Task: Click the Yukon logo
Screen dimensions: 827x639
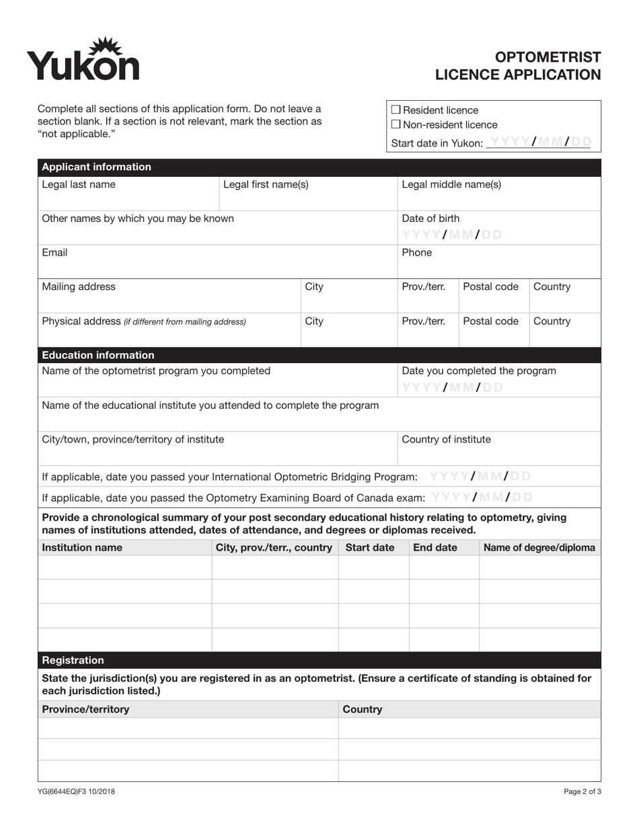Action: point(83,59)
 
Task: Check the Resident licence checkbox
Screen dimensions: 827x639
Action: point(396,110)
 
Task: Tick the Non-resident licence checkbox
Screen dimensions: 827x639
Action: point(396,124)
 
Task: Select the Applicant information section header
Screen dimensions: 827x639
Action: point(97,167)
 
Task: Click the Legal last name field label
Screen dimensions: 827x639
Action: point(79,185)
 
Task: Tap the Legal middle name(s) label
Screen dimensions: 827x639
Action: point(451,185)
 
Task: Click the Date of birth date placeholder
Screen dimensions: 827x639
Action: point(451,235)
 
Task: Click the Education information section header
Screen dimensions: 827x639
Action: point(98,355)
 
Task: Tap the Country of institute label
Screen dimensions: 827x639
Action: point(446,440)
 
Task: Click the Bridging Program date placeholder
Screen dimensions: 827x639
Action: point(480,476)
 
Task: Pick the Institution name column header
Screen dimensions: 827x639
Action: point(82,547)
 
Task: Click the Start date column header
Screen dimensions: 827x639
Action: point(369,547)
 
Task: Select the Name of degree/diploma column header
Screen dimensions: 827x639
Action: point(539,547)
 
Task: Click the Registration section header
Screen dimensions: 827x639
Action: point(73,660)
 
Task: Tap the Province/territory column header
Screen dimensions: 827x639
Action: point(85,709)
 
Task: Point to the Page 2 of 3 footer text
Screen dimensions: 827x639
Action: point(582,791)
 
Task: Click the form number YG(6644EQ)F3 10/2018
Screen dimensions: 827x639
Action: point(76,791)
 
